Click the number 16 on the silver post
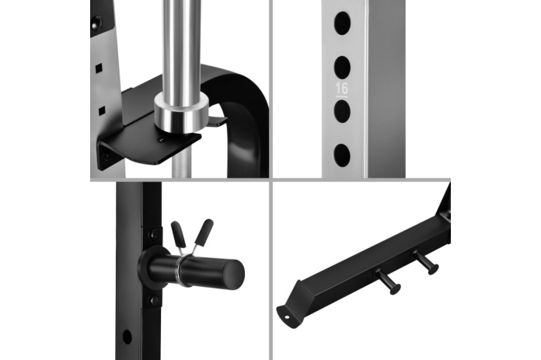[341, 89]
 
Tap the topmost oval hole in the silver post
[342, 23]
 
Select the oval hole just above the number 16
[342, 67]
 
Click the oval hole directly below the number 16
[342, 111]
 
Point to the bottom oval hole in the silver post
[342, 155]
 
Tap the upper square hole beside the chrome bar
[99, 68]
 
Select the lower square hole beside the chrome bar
[102, 111]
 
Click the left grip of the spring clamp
[178, 234]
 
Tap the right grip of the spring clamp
[204, 231]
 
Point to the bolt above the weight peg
[154, 235]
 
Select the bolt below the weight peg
[154, 300]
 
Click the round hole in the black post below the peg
[127, 337]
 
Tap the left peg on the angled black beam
[388, 281]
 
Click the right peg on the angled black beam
[425, 262]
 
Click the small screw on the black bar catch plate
[161, 139]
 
